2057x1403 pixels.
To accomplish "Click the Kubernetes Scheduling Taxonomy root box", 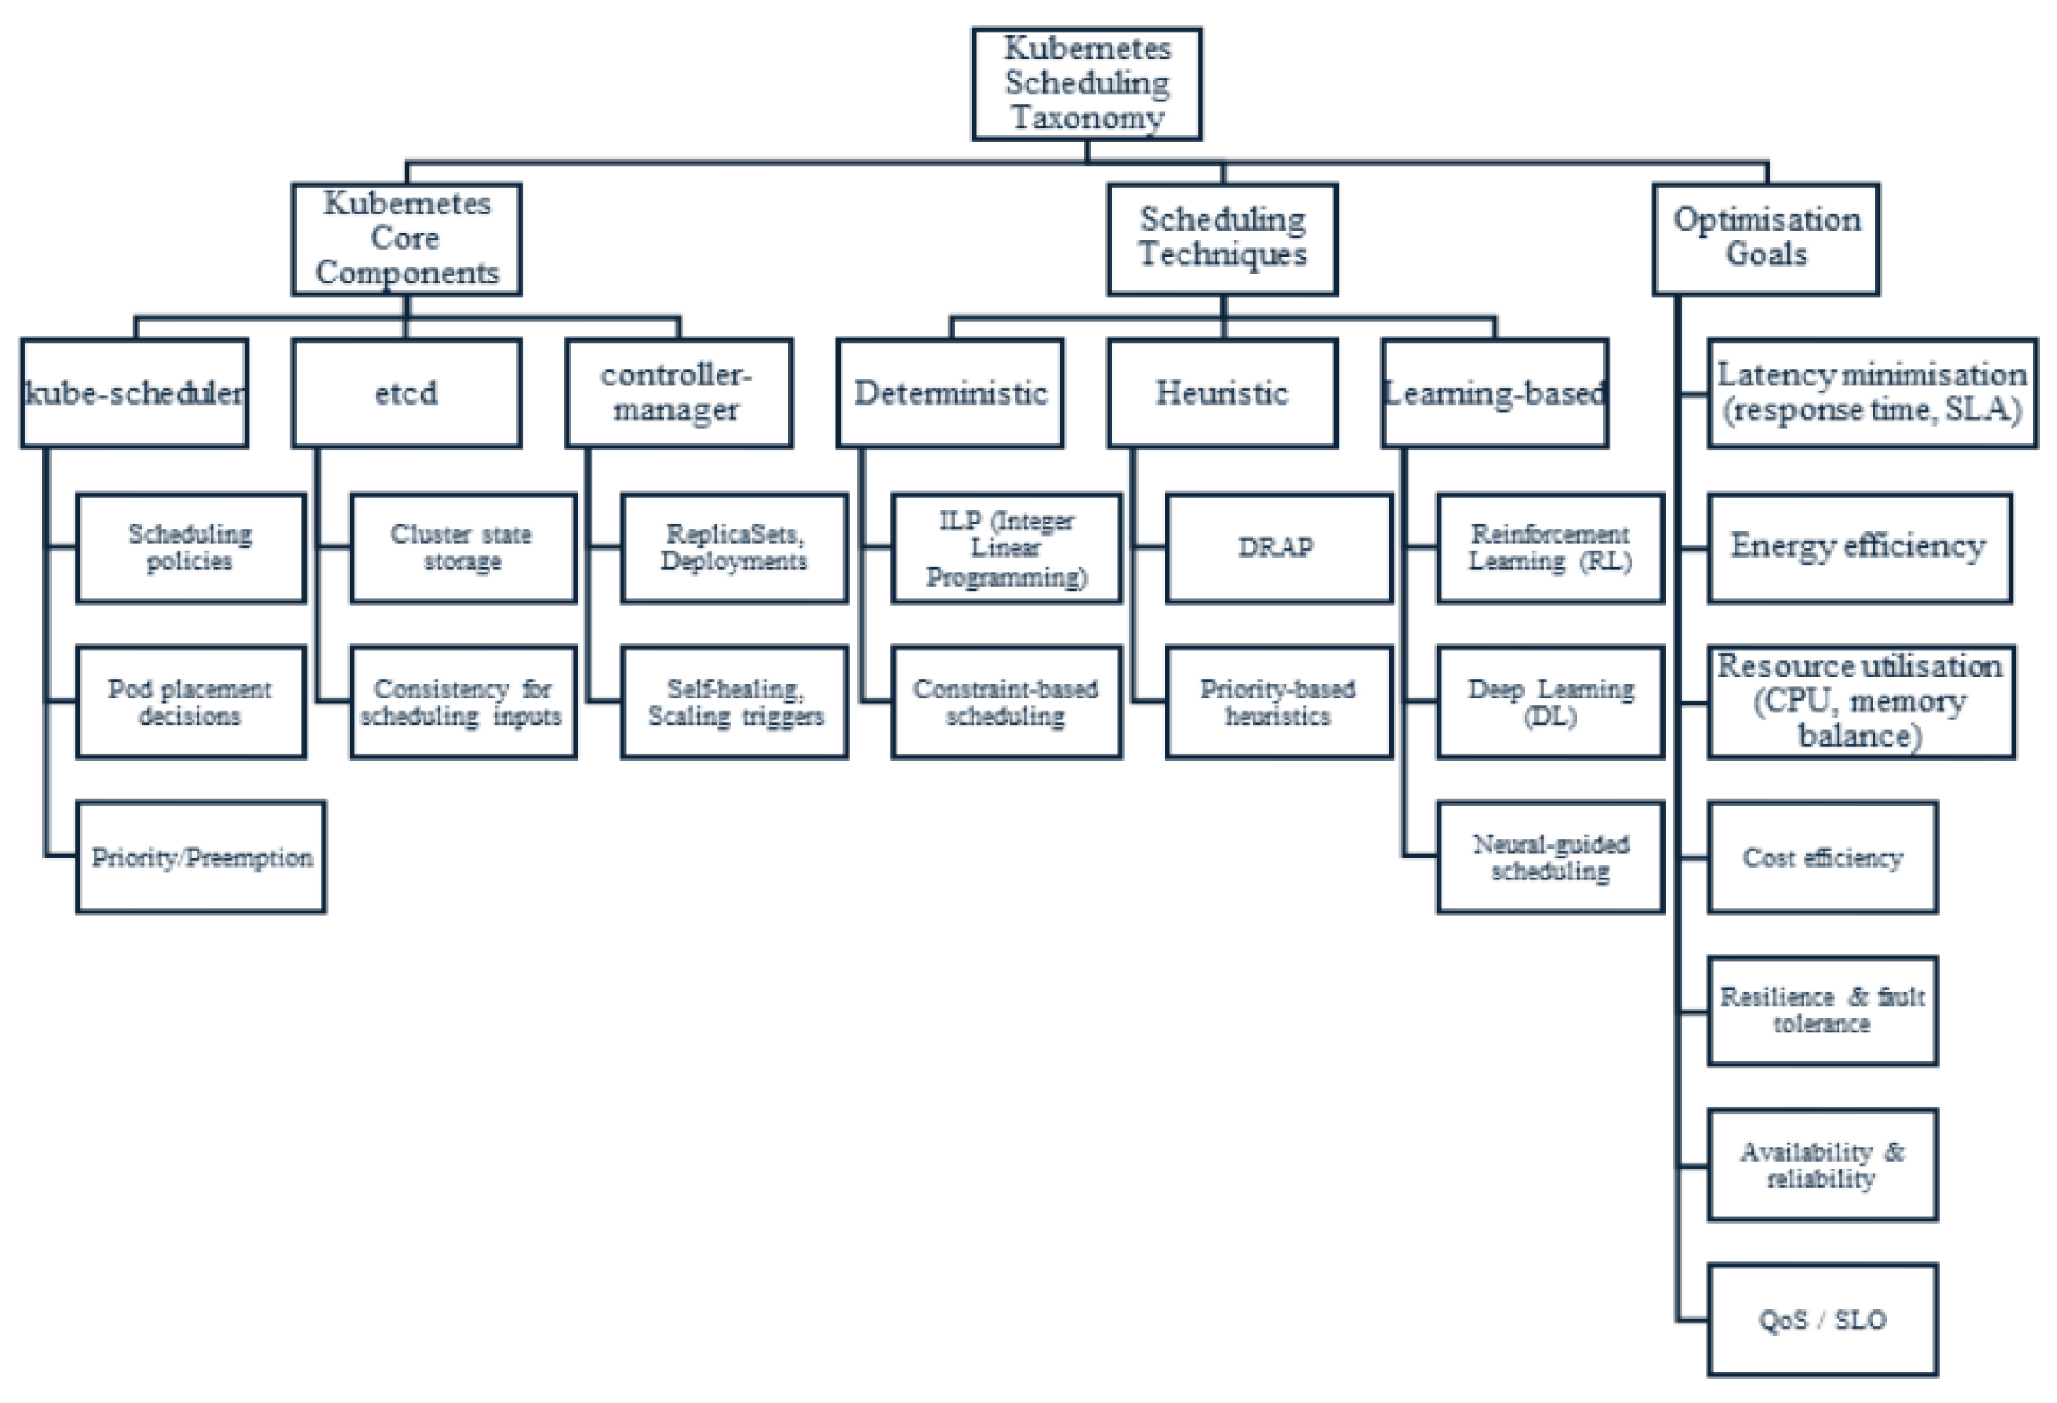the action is click(1086, 84).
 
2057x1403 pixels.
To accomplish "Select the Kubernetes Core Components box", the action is click(406, 239).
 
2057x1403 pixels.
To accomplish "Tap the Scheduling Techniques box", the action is click(1222, 239).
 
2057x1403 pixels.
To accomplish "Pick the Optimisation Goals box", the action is click(1766, 239).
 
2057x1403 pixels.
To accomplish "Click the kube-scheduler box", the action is click(135, 393).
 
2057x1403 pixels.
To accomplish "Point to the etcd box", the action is click(406, 393).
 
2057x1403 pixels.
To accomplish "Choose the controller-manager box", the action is click(679, 393).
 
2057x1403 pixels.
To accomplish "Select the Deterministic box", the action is click(951, 393).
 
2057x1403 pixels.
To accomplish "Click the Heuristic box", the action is click(1222, 393).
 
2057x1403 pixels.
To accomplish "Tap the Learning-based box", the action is click(1495, 393).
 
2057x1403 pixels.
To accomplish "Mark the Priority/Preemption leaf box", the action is click(201, 857).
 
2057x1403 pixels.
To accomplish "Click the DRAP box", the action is click(1279, 548).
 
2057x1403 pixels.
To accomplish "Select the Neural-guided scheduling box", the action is click(1551, 857).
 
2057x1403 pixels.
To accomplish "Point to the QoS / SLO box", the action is click(1823, 1320).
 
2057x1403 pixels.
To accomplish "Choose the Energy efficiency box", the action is click(1860, 548).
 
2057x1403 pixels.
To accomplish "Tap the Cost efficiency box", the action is click(1823, 857).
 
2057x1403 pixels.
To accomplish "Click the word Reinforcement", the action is click(1550, 535).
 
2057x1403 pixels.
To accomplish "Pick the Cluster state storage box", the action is click(463, 548).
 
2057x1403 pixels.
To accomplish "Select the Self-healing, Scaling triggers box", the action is click(735, 702).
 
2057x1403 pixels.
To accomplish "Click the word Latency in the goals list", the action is click(1776, 375).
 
